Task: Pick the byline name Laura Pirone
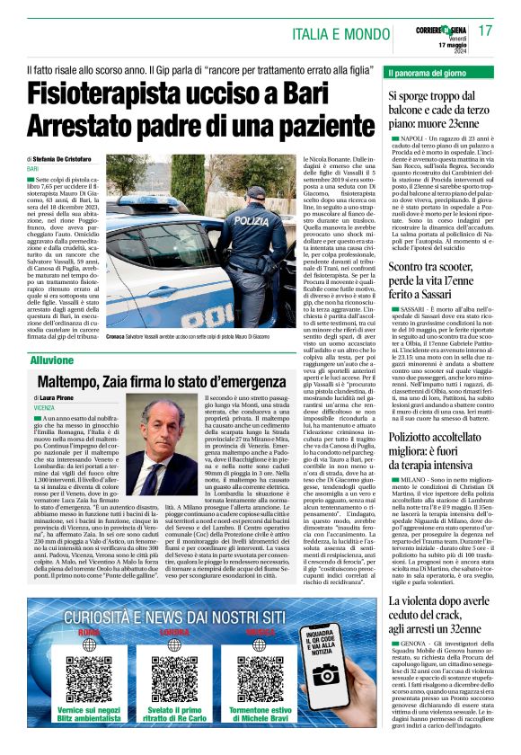pyautogui.click(x=57, y=395)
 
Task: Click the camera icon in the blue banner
pyautogui.click(x=327, y=674)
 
